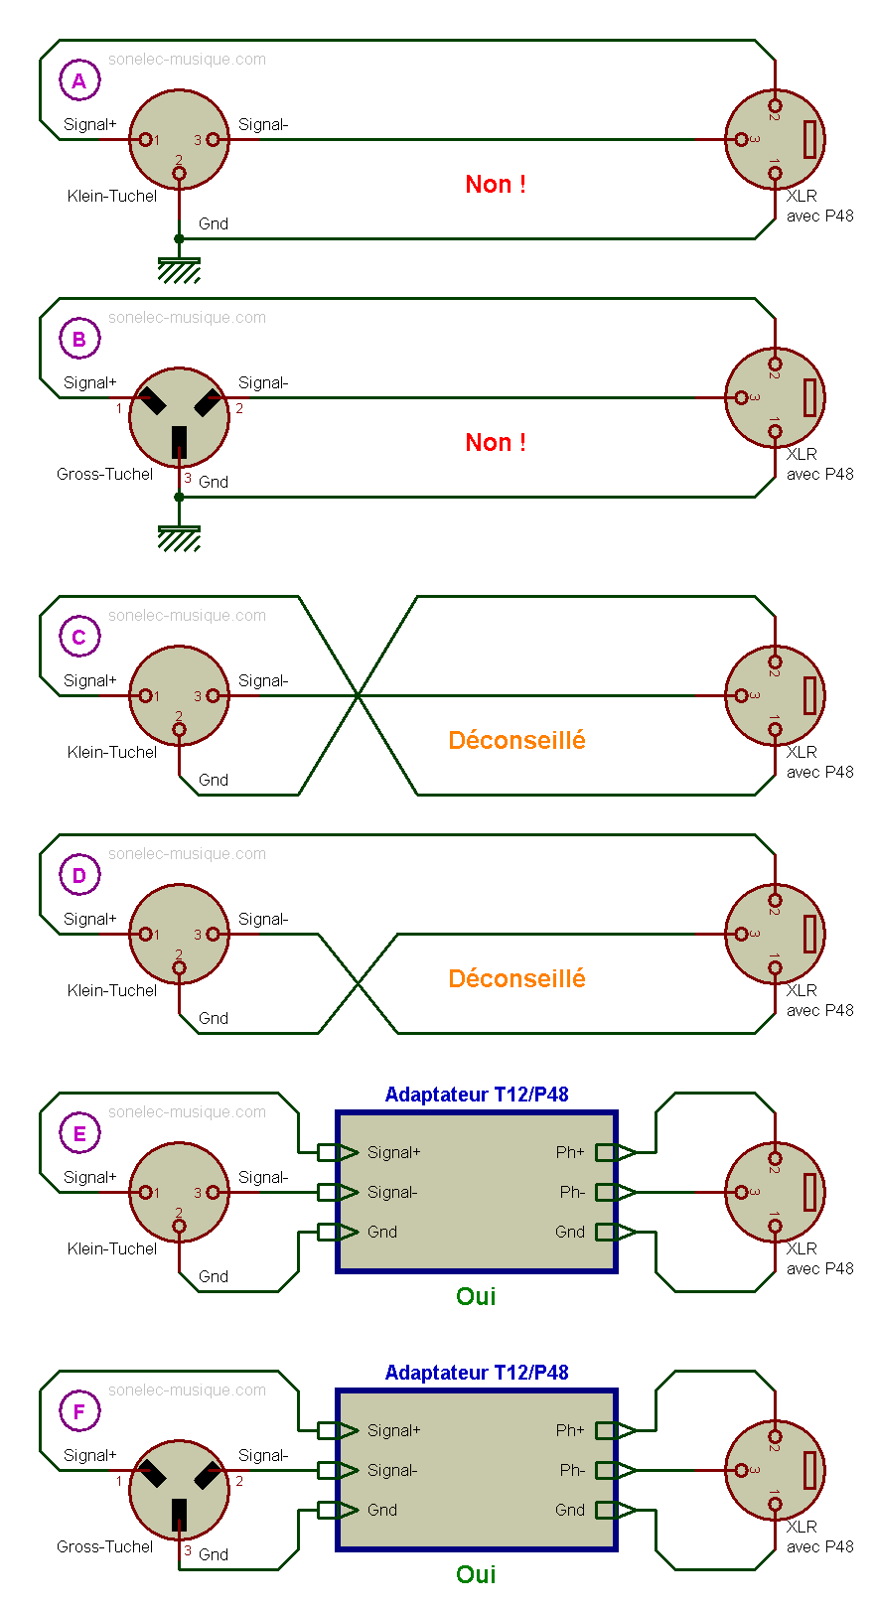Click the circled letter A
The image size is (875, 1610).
pyautogui.click(x=79, y=80)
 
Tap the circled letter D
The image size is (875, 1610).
pyautogui.click(x=79, y=875)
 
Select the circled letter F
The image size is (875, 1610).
pyautogui.click(x=79, y=1411)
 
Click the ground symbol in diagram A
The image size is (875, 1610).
pyautogui.click(x=179, y=269)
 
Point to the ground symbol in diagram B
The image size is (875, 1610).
pyautogui.click(x=179, y=537)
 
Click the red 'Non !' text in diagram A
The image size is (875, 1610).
pyautogui.click(x=496, y=185)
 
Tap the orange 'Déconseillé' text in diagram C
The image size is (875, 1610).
pyautogui.click(x=516, y=740)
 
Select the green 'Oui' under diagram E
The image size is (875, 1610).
pyautogui.click(x=476, y=1296)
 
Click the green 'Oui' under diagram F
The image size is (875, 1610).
pyautogui.click(x=476, y=1574)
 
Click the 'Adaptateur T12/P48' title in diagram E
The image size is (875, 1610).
pyautogui.click(x=477, y=1095)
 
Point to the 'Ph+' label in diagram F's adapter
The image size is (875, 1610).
pyautogui.click(x=570, y=1430)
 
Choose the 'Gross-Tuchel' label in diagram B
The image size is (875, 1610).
pyautogui.click(x=104, y=474)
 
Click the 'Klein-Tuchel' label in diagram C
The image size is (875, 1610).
pyautogui.click(x=111, y=752)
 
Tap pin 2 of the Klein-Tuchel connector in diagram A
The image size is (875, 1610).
pyautogui.click(x=179, y=174)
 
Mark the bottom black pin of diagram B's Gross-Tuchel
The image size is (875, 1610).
pyautogui.click(x=179, y=441)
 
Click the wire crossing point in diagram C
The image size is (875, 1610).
pyautogui.click(x=358, y=695)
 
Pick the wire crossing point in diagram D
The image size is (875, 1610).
pyautogui.click(x=358, y=983)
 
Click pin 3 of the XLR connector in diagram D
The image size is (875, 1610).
pyautogui.click(x=741, y=934)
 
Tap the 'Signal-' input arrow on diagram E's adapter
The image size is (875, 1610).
pyautogui.click(x=338, y=1192)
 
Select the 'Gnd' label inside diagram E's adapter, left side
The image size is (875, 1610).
pyautogui.click(x=382, y=1232)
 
